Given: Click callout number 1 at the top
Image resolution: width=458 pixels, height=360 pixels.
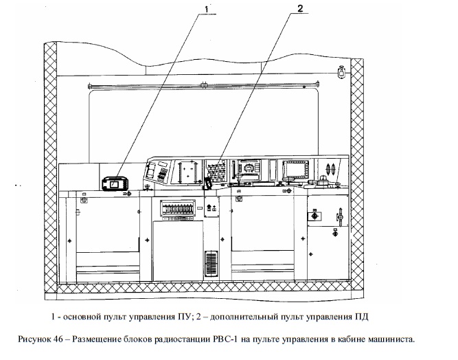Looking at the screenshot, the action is pos(207,10).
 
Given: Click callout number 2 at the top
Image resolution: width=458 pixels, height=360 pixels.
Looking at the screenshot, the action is pos(300,8).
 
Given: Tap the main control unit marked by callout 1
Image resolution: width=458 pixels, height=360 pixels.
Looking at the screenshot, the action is pos(115,184).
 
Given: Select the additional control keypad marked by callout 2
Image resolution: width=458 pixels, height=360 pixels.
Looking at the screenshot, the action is pos(216,172).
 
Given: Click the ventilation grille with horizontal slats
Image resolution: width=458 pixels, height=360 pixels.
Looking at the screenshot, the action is pos(211,264).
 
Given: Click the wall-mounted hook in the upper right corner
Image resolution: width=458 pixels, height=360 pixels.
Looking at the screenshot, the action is pos(341,71).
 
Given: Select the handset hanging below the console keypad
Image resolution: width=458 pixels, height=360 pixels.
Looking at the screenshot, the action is pos(208,183).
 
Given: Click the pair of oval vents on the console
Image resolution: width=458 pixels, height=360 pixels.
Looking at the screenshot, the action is pos(330,169).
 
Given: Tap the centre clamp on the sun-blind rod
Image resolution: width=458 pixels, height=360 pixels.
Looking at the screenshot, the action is pos(204,85).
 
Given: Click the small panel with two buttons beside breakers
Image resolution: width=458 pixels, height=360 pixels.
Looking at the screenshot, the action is pos(211,207).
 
